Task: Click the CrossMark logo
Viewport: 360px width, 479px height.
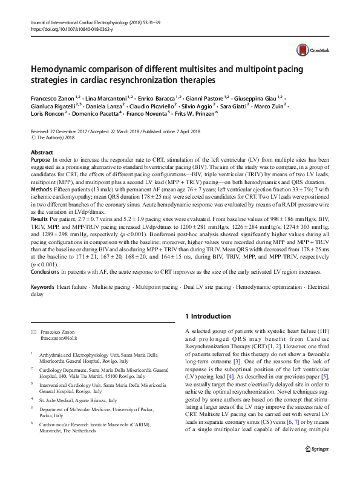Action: (x=308, y=50)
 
